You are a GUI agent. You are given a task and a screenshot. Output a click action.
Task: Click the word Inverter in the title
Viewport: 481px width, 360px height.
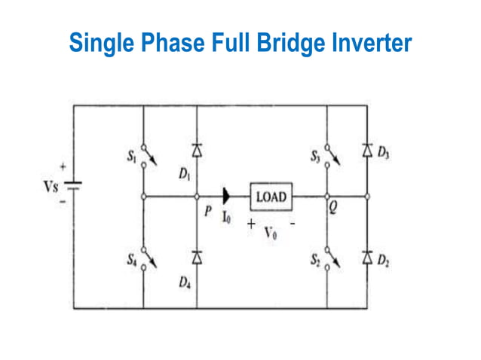coord(369,42)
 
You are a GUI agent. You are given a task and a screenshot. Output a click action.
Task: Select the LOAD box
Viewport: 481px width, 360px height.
coord(271,197)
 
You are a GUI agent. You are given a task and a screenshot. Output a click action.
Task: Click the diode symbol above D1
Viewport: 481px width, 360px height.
coord(197,150)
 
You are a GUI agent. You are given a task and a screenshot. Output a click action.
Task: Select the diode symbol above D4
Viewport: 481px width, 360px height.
coord(197,258)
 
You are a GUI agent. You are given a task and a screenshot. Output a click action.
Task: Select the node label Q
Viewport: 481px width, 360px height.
coord(332,212)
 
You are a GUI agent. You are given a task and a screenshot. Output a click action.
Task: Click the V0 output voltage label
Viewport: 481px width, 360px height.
coord(270,233)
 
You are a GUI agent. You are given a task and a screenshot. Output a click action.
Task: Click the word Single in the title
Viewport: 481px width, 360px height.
coord(99,42)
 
